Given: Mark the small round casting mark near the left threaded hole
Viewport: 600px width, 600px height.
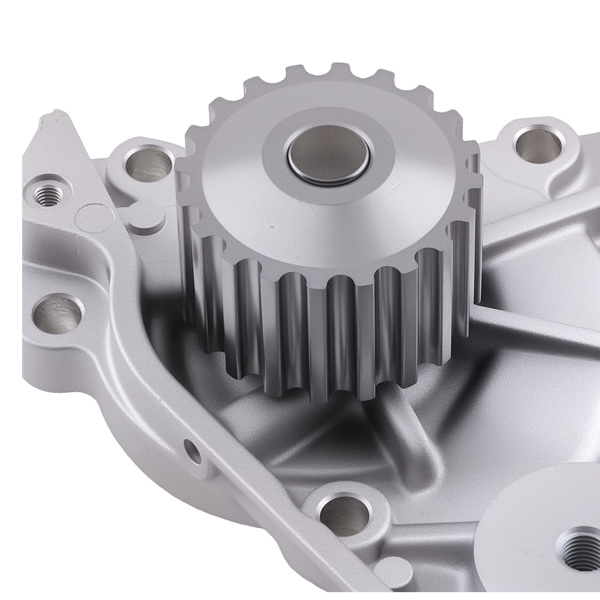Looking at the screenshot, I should pos(93,214).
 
